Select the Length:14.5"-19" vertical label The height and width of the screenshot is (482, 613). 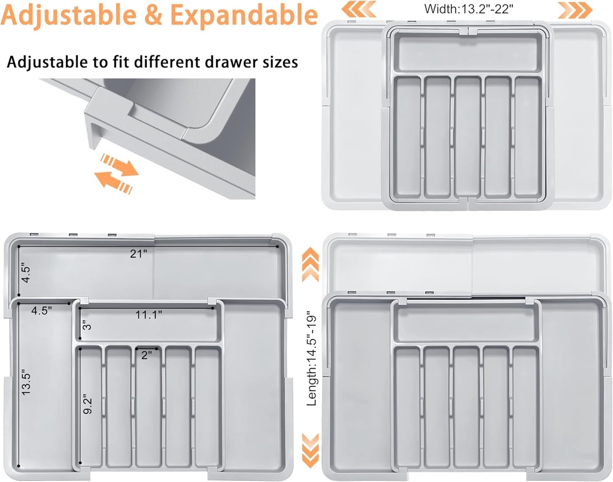pyautogui.click(x=311, y=358)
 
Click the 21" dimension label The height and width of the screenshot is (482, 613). pyautogui.click(x=138, y=253)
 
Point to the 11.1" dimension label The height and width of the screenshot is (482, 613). pyautogui.click(x=148, y=314)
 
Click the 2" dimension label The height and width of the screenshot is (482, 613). pyautogui.click(x=146, y=354)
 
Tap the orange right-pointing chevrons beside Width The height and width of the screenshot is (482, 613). pyautogui.click(x=576, y=9)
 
